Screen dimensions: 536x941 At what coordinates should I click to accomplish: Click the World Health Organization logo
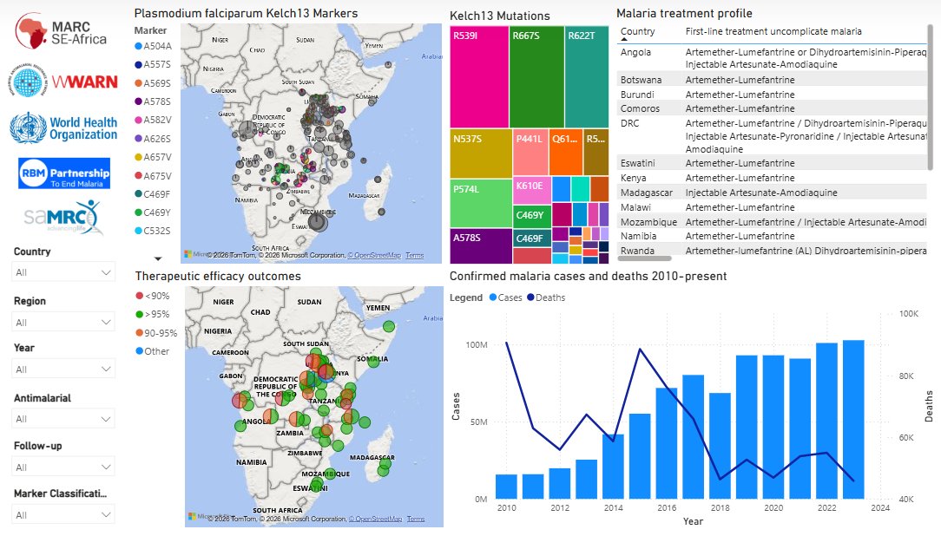coord(64,127)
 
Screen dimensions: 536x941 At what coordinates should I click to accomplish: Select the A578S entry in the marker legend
coord(157,101)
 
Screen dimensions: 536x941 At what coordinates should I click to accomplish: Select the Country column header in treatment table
coord(638,31)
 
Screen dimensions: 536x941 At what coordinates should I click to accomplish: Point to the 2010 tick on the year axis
coord(507,507)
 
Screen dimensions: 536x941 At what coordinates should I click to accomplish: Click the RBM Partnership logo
coord(64,172)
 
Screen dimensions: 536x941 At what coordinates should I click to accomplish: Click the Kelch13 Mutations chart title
coord(499,16)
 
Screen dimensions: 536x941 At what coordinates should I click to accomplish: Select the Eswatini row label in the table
coord(640,163)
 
